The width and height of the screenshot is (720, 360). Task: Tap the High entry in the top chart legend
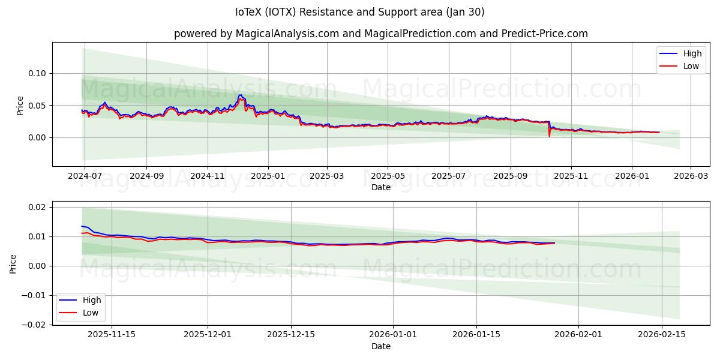point(692,53)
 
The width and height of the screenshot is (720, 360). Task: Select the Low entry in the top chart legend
point(691,66)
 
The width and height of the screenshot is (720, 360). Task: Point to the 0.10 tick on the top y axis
point(37,73)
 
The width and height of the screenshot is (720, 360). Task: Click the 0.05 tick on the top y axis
point(37,106)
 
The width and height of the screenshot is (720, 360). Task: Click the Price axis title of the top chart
point(20,105)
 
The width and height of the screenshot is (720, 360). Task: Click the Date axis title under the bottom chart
point(381,346)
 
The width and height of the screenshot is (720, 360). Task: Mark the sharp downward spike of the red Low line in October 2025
point(549,136)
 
